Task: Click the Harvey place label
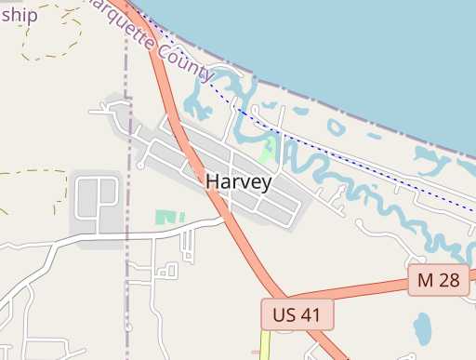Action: point(238,182)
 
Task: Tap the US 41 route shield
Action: point(297,314)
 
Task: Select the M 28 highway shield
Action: point(439,279)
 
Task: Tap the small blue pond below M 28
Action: point(422,327)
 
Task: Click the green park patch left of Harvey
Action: point(165,217)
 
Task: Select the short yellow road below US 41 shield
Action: point(265,344)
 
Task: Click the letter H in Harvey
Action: point(213,181)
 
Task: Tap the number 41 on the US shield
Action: point(311,314)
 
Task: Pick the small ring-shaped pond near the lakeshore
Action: point(336,126)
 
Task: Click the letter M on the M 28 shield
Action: point(426,279)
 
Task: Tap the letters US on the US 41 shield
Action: point(283,314)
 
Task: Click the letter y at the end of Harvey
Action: point(266,184)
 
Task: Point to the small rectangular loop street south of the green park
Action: point(167,271)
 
